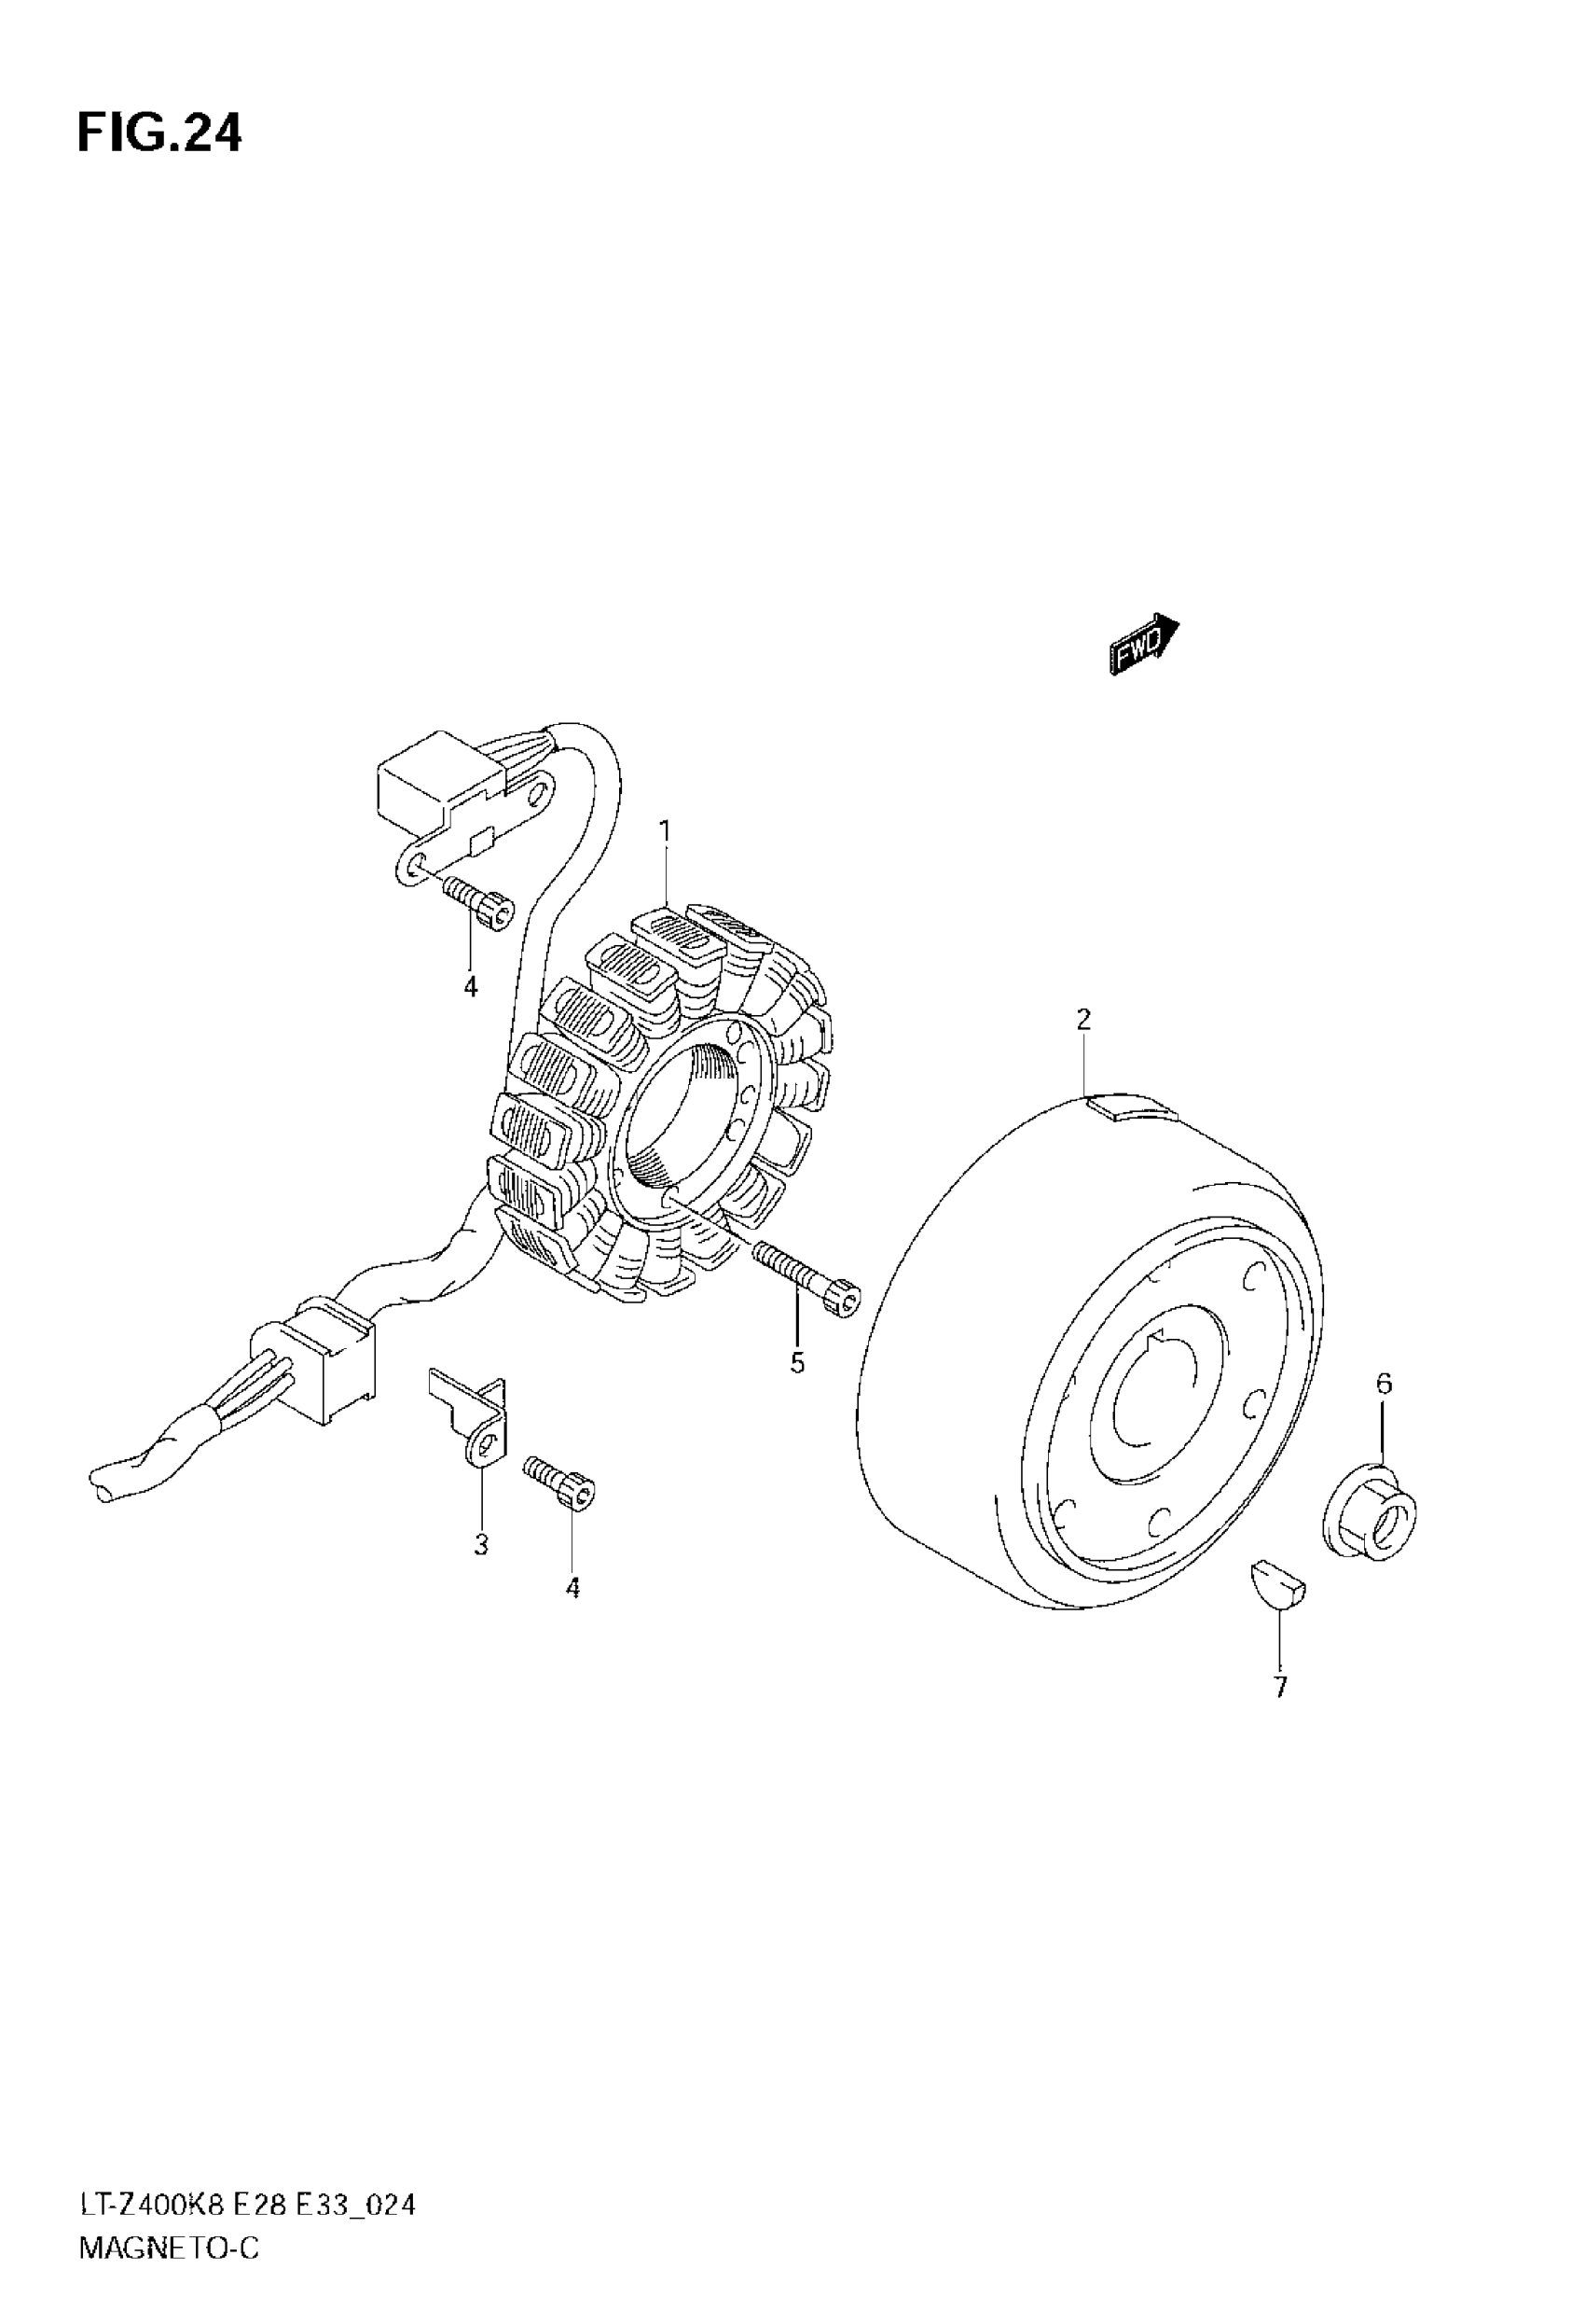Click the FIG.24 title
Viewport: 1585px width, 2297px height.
[158, 133]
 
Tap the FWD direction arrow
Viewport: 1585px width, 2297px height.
[1144, 645]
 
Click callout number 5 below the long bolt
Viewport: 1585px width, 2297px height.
[797, 1364]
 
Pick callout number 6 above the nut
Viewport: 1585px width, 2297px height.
[1384, 1383]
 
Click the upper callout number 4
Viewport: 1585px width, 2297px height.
[471, 986]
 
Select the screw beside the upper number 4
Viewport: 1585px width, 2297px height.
[476, 901]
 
